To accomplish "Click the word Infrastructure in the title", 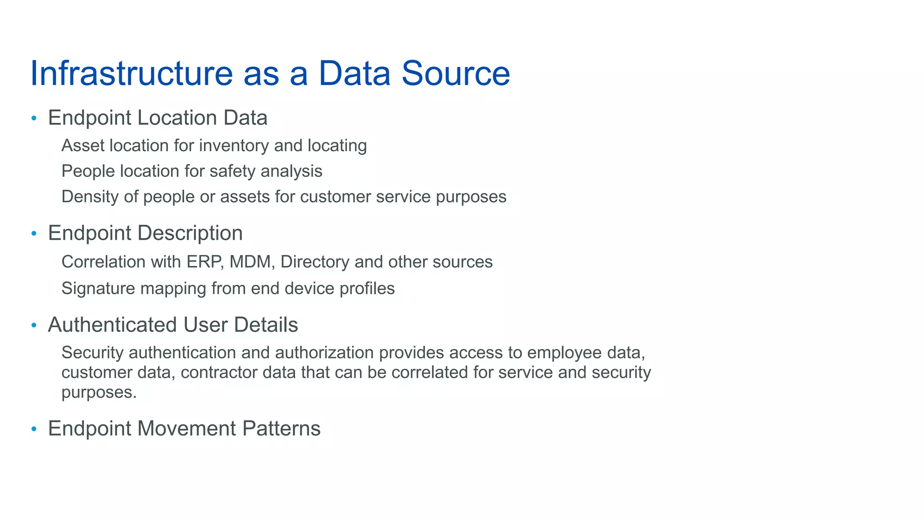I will tap(131, 73).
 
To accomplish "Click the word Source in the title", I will tap(456, 73).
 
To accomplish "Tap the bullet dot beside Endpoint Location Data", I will tap(33, 119).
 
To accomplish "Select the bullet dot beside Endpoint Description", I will tap(33, 234).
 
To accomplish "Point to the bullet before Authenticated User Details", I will tap(33, 325).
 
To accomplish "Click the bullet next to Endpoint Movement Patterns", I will tap(33, 429).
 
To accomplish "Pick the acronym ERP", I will tap(205, 262).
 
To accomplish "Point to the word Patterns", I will tap(281, 428).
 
